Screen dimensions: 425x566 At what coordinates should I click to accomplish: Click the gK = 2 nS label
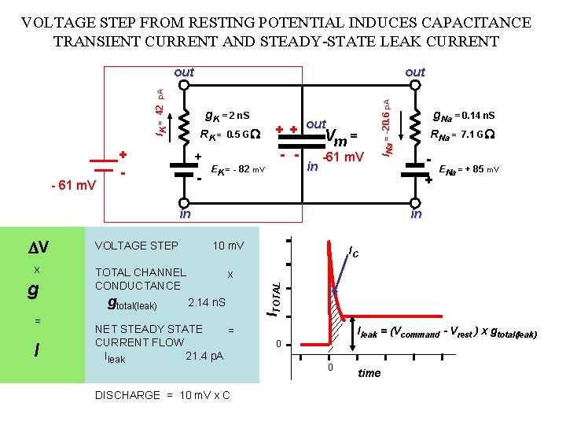(x=227, y=116)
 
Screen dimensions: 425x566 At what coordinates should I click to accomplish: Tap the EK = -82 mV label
(x=239, y=169)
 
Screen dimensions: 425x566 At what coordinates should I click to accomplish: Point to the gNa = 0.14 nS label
(x=463, y=116)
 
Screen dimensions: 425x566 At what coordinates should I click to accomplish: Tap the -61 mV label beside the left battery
(x=72, y=186)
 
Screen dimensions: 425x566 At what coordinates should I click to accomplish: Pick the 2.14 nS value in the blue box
(x=208, y=302)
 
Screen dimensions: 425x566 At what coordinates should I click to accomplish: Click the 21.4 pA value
(x=204, y=356)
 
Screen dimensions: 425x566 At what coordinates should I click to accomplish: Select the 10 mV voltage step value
(x=228, y=246)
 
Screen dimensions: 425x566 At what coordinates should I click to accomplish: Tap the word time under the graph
(x=369, y=373)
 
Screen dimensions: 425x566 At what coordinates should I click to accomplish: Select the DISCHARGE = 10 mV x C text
(x=162, y=395)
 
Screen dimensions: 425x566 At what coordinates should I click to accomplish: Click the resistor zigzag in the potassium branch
(x=185, y=124)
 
